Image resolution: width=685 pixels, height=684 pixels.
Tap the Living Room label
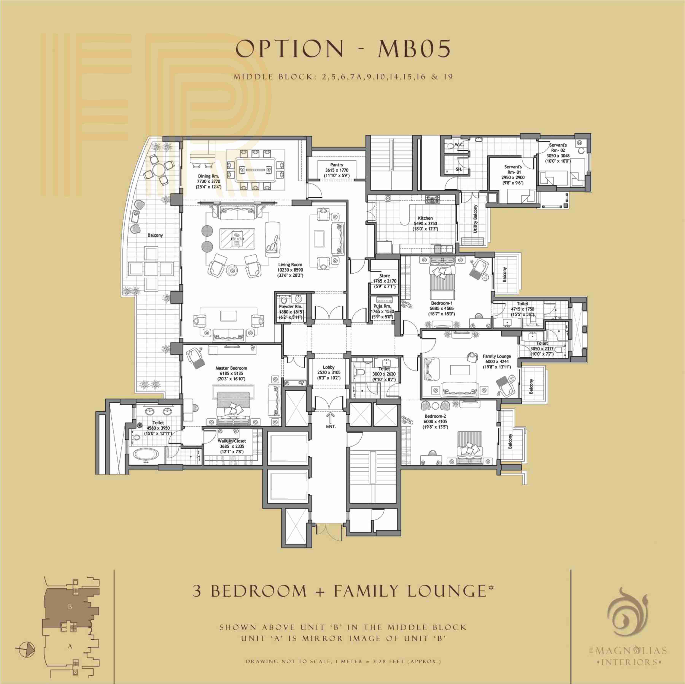click(x=290, y=264)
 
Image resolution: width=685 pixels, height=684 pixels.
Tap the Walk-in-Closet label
click(x=232, y=441)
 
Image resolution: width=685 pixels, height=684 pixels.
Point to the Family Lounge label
click(x=497, y=356)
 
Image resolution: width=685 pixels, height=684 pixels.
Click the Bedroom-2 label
click(x=435, y=416)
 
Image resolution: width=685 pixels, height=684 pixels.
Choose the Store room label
click(x=385, y=275)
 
